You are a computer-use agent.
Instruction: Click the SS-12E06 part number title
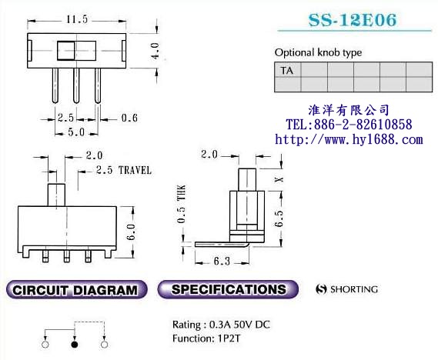[x=353, y=21]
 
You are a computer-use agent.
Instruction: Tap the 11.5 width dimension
[x=76, y=17]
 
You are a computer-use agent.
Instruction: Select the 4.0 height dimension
[x=155, y=52]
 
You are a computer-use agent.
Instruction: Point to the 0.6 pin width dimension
[x=131, y=118]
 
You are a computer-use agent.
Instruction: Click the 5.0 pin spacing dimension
[x=76, y=132]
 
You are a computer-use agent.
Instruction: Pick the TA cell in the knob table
[x=287, y=71]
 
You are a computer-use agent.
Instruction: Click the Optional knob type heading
[x=318, y=52]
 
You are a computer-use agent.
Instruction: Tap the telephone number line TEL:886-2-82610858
[x=349, y=125]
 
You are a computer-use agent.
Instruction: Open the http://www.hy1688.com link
[x=349, y=139]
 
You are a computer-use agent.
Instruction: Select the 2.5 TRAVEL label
[x=124, y=170]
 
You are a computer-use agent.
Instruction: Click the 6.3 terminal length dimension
[x=220, y=262]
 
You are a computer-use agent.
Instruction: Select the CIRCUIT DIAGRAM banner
[x=75, y=291]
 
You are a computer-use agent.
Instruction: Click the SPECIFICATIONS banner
[x=229, y=290]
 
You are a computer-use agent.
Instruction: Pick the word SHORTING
[x=353, y=290]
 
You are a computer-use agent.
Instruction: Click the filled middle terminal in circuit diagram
[x=74, y=345]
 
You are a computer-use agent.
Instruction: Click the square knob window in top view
[x=66, y=52]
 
